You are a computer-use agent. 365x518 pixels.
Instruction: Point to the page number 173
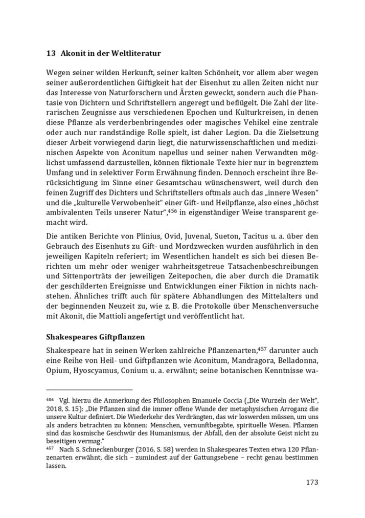coord(312,482)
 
